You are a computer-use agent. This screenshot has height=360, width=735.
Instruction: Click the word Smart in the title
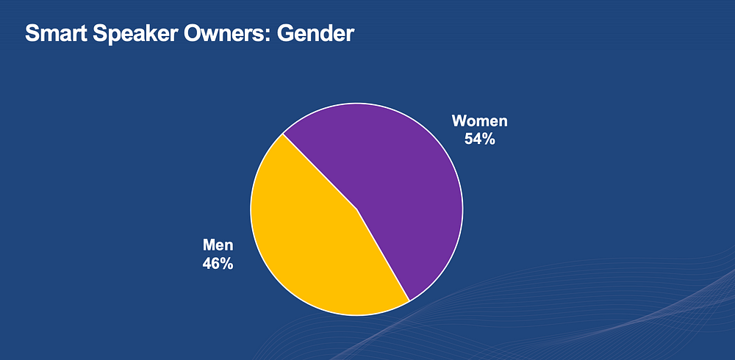point(56,33)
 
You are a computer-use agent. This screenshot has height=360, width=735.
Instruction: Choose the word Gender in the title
point(315,33)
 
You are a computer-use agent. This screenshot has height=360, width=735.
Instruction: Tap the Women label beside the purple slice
point(479,121)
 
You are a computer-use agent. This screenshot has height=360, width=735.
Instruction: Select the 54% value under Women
point(479,139)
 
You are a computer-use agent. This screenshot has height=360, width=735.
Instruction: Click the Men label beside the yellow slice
point(218,245)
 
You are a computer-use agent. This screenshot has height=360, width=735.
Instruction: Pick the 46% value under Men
point(218,264)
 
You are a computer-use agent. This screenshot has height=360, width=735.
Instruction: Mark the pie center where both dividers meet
point(357,209)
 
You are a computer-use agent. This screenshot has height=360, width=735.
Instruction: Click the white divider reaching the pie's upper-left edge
point(320,172)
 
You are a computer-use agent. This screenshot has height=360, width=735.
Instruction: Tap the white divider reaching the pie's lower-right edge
point(384,255)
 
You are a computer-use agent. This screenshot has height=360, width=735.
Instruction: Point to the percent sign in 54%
point(489,139)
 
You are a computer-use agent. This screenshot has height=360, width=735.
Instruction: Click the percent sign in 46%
point(227,264)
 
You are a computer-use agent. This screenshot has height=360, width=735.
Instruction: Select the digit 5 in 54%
point(469,139)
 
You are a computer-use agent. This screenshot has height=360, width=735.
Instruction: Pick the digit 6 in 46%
point(216,264)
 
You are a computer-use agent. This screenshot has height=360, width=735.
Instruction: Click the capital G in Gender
point(284,33)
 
